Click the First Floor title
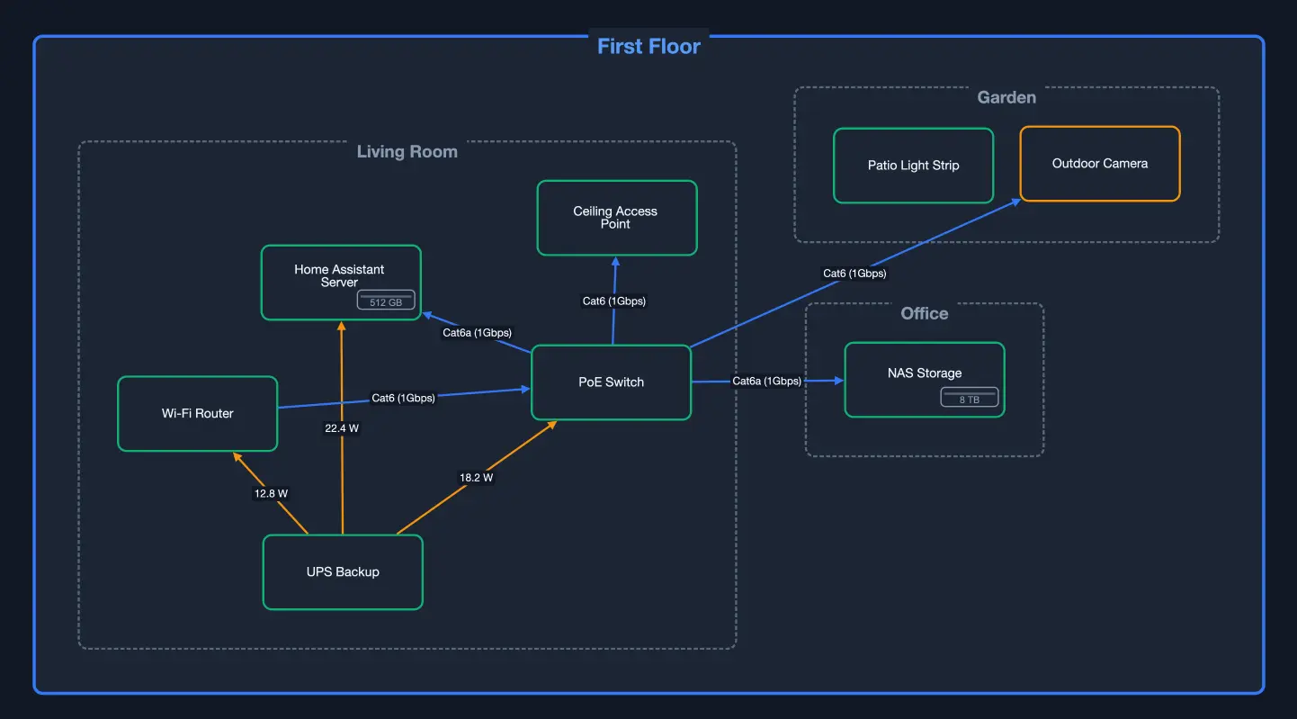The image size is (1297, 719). click(x=648, y=47)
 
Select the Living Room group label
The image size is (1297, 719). click(x=407, y=151)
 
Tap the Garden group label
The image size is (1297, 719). click(x=1006, y=97)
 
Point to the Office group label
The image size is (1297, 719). click(x=924, y=313)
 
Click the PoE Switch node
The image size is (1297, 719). click(x=611, y=382)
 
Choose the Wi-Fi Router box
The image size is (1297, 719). click(x=197, y=414)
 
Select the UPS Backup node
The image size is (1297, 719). click(x=343, y=572)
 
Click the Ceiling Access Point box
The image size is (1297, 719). click(x=616, y=218)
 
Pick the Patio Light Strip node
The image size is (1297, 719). click(x=913, y=166)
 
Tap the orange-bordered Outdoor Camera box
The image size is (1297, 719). click(x=1099, y=164)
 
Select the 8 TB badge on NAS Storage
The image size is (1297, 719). click(x=969, y=398)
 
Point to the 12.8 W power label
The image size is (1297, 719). click(x=271, y=493)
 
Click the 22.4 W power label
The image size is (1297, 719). click(x=342, y=428)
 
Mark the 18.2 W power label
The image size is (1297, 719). click(x=476, y=478)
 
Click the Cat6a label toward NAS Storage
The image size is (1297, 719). click(x=766, y=381)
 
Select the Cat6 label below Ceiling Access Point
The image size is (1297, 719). click(x=613, y=301)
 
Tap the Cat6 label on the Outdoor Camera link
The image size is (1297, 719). click(x=854, y=273)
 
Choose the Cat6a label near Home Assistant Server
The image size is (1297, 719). click(x=477, y=333)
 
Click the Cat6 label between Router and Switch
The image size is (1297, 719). click(x=403, y=398)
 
